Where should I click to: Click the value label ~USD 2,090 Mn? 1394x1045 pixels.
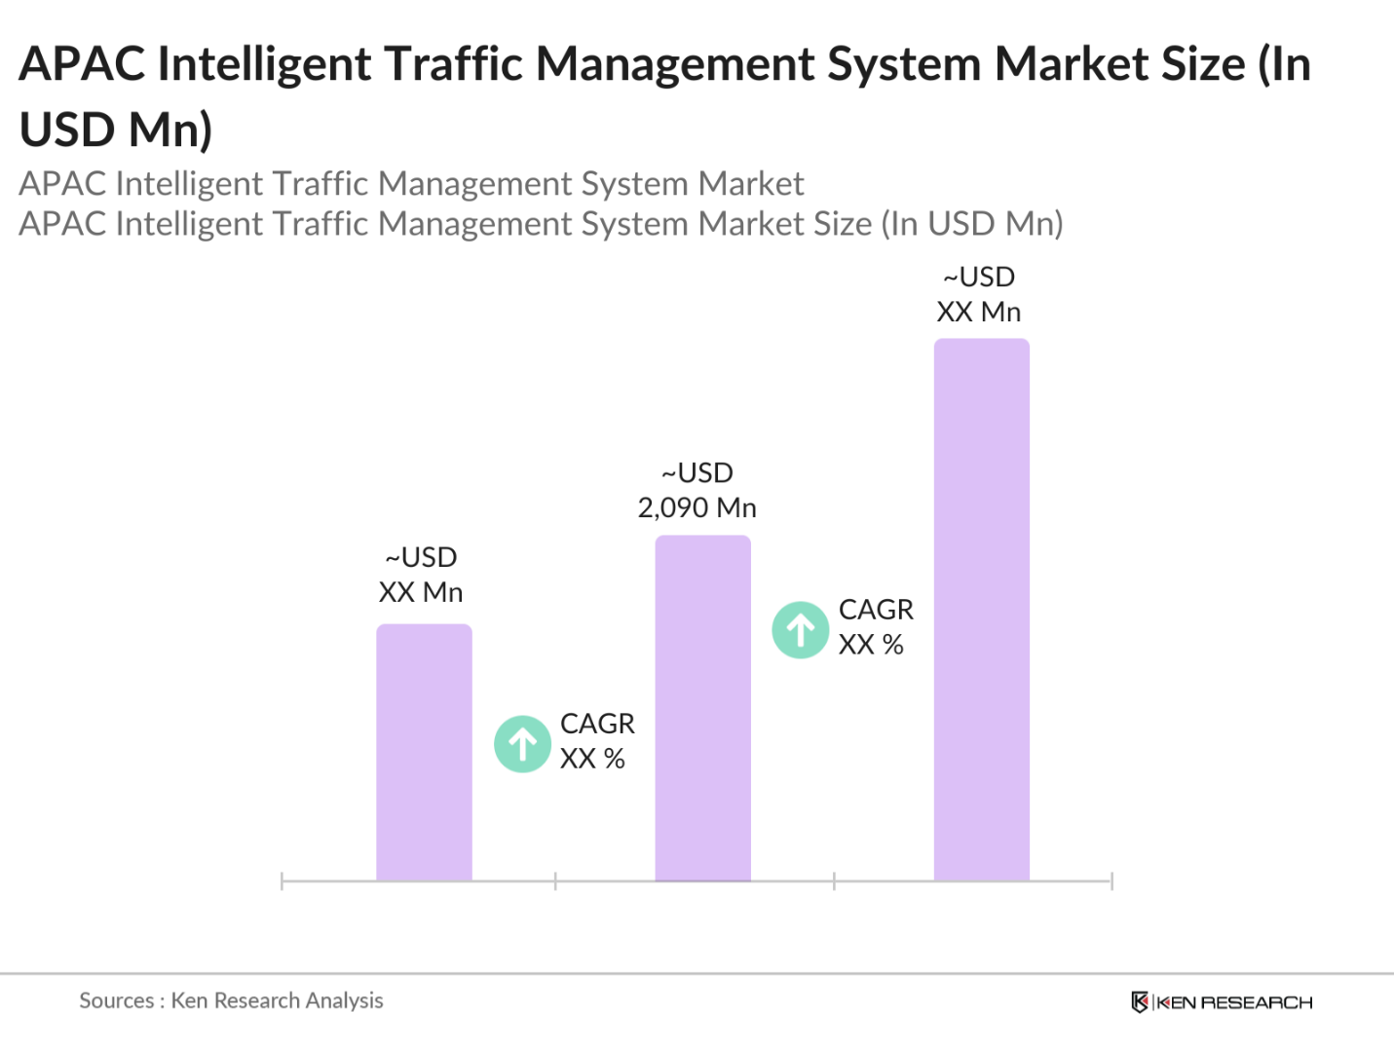(x=697, y=490)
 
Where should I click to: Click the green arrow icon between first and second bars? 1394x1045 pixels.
(x=523, y=744)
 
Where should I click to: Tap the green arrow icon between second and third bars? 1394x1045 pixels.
(x=801, y=630)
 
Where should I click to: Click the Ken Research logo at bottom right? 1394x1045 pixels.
(x=1222, y=1002)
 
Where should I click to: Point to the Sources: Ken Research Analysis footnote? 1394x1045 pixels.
(x=231, y=1000)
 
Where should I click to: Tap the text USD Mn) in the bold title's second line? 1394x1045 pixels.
(x=116, y=130)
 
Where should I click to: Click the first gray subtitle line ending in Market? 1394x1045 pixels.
(x=411, y=184)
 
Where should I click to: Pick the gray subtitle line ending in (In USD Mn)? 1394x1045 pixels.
(x=541, y=224)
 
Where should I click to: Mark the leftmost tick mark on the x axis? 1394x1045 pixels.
(x=282, y=881)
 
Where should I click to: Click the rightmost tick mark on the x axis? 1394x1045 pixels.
(x=1111, y=881)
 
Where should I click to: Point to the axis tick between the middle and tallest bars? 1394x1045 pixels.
(x=834, y=881)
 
